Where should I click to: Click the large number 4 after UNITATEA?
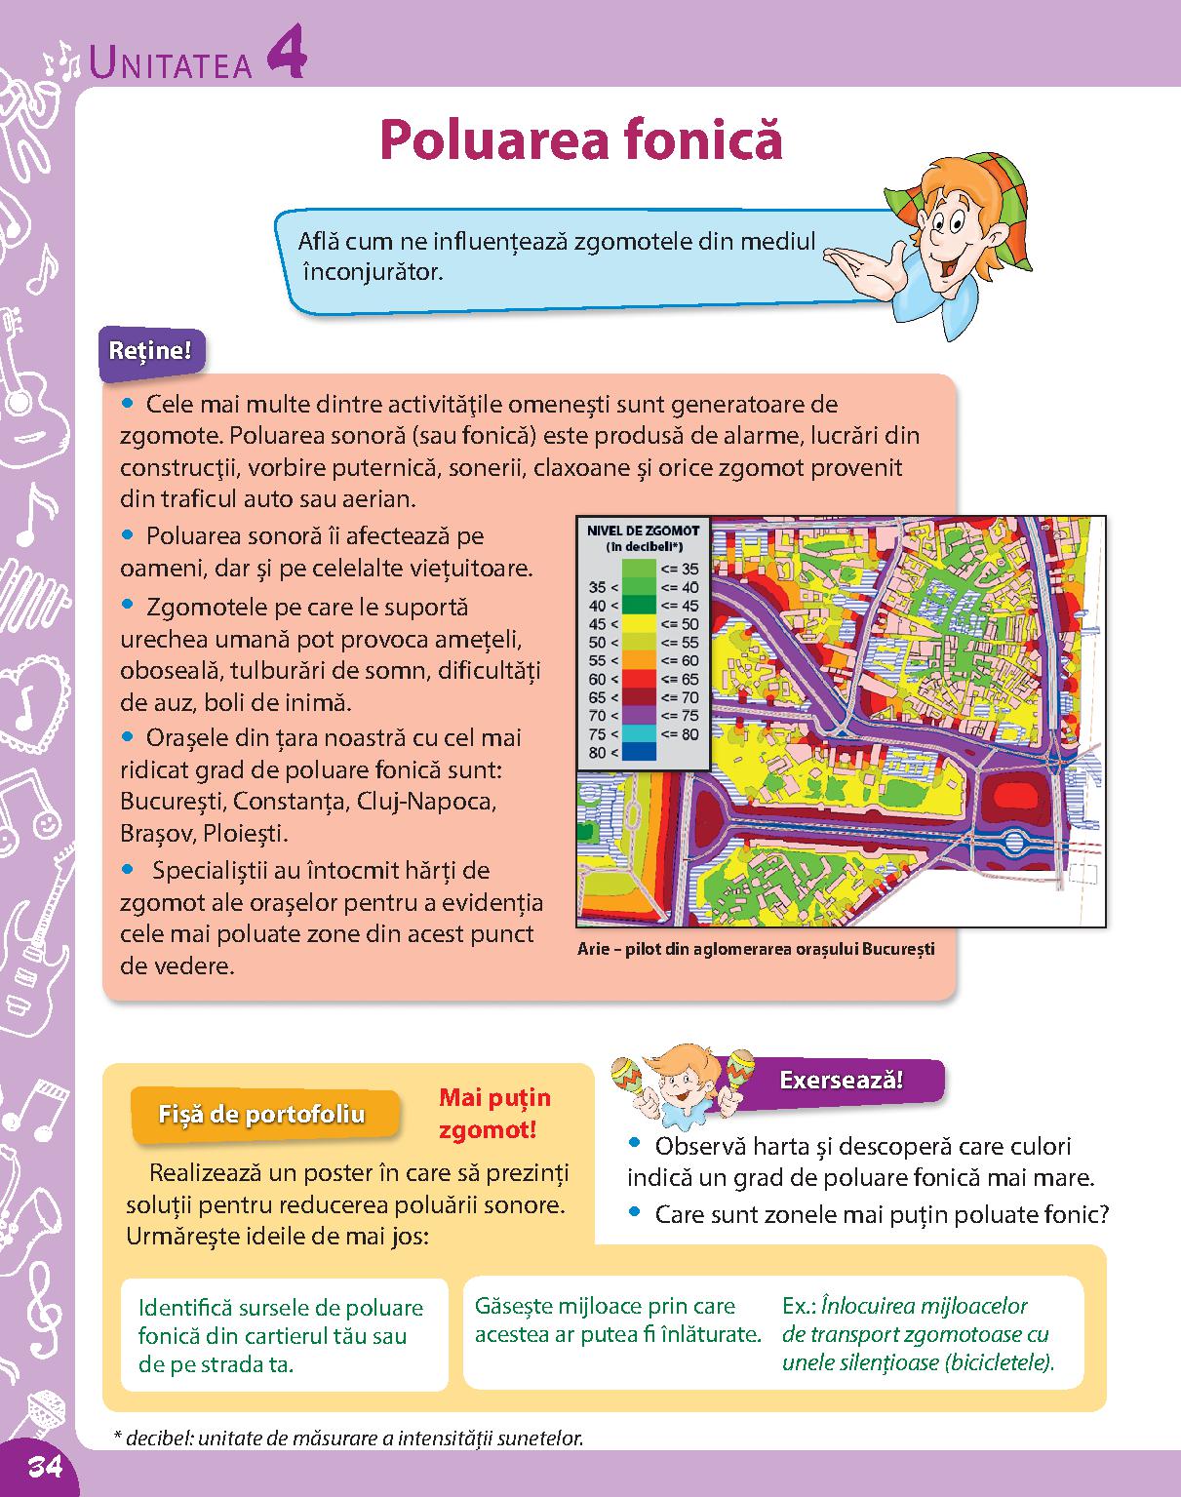click(285, 56)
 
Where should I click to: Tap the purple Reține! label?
click(150, 351)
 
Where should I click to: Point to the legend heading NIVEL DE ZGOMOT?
click(643, 531)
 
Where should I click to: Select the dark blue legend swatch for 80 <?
click(640, 752)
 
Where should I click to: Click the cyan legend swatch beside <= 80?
click(640, 733)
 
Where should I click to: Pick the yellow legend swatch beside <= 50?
click(640, 624)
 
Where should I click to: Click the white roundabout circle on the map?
click(1014, 842)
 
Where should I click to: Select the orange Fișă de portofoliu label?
click(261, 1114)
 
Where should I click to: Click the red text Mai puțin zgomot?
click(494, 1114)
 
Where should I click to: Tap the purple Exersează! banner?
click(841, 1080)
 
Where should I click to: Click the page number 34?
click(45, 1466)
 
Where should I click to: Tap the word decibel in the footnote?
click(152, 1438)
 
